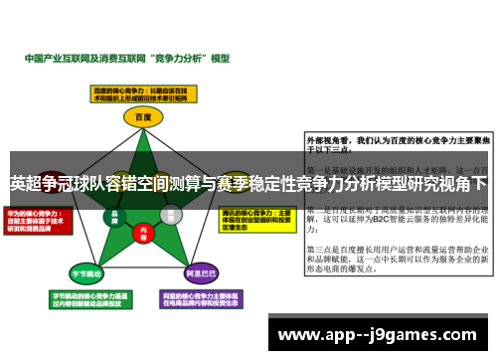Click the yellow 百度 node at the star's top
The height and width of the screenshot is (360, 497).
pyautogui.click(x=144, y=117)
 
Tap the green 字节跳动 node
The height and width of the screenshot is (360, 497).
pyautogui.click(x=85, y=271)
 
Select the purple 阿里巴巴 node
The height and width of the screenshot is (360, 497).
pyautogui.click(x=203, y=271)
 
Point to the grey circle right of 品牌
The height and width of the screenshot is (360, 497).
pyautogui.click(x=171, y=213)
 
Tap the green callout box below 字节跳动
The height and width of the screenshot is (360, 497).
pyautogui.click(x=85, y=298)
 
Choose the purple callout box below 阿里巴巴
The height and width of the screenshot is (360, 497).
pyautogui.click(x=204, y=298)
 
